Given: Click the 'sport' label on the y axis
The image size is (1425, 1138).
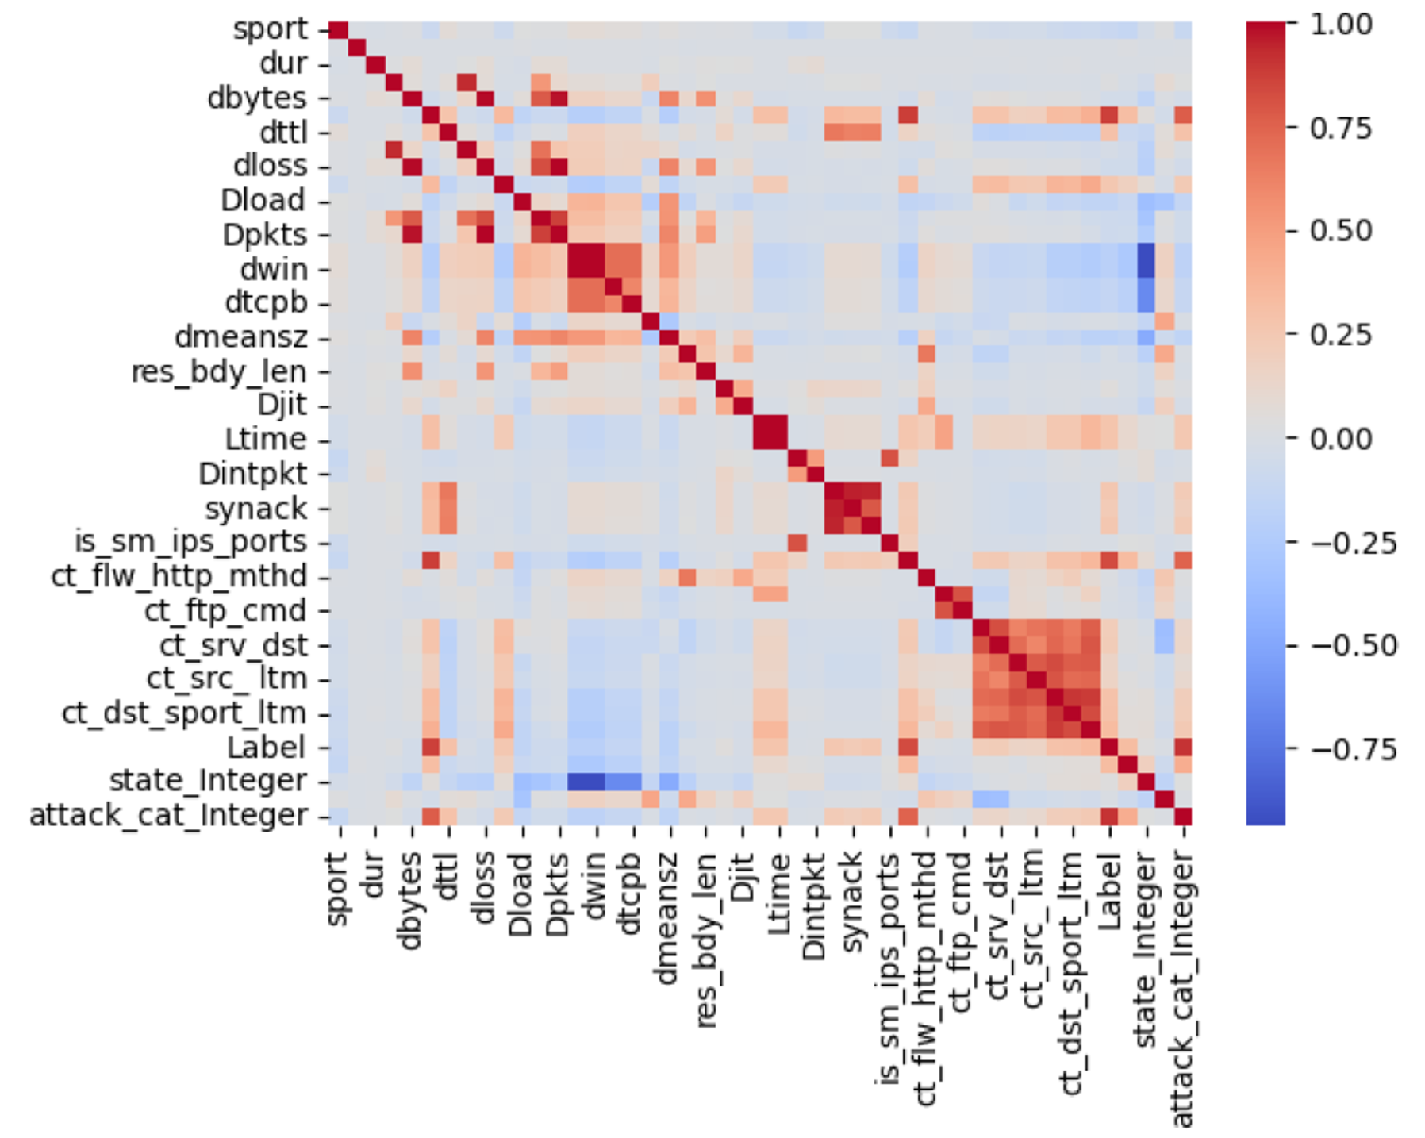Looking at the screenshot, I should click(270, 29).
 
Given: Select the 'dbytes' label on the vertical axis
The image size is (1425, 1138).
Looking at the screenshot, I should click(256, 98).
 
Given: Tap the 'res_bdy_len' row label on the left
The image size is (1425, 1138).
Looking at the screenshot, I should click(218, 371).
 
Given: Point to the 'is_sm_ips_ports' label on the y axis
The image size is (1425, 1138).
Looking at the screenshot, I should click(190, 542).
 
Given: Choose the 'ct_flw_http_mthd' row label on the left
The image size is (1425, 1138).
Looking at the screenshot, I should click(179, 576).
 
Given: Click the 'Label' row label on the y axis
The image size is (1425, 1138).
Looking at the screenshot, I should click(266, 748).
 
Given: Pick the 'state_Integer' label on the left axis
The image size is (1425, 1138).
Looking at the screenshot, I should click(208, 781).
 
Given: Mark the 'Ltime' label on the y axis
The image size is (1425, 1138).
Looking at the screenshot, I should click(265, 439).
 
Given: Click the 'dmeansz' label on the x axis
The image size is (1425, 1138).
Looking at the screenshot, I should click(667, 919).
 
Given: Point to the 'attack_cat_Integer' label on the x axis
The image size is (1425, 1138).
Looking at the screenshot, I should click(1182, 989).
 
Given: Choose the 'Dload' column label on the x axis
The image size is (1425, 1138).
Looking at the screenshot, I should click(520, 895).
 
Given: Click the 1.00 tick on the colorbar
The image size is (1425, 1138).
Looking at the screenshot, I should click(1341, 24).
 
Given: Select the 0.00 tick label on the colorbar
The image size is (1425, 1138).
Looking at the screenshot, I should click(1341, 438).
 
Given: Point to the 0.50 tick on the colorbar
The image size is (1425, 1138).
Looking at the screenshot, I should click(1341, 231).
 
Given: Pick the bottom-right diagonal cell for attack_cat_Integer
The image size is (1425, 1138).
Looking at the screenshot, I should click(1182, 816).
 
